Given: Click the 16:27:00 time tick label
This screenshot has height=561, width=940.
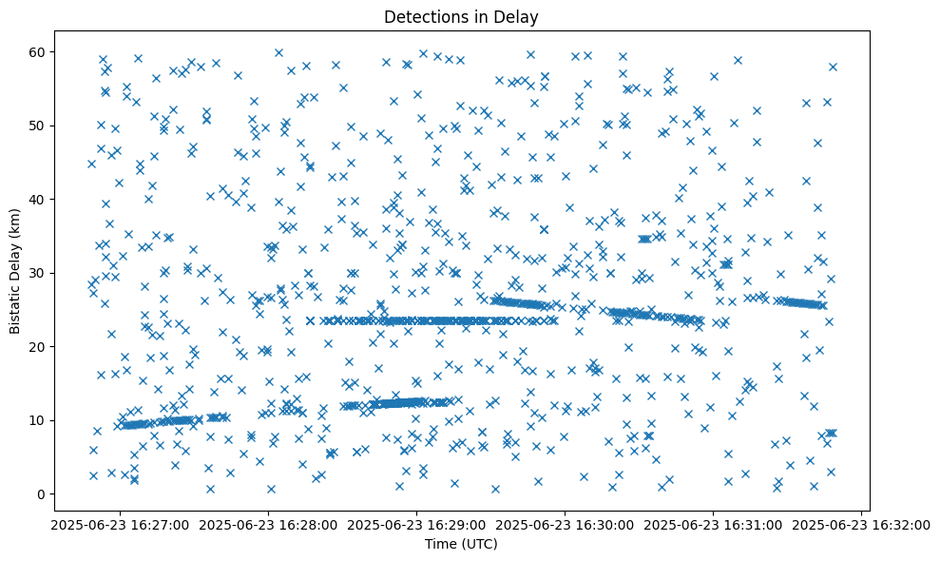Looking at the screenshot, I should [119, 524].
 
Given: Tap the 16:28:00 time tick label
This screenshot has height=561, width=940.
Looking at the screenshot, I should [268, 524].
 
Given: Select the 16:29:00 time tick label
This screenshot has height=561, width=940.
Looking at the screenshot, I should [416, 524].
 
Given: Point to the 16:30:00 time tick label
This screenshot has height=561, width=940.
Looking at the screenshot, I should [566, 524].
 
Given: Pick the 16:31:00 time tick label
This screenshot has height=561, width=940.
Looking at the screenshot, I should [714, 524].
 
